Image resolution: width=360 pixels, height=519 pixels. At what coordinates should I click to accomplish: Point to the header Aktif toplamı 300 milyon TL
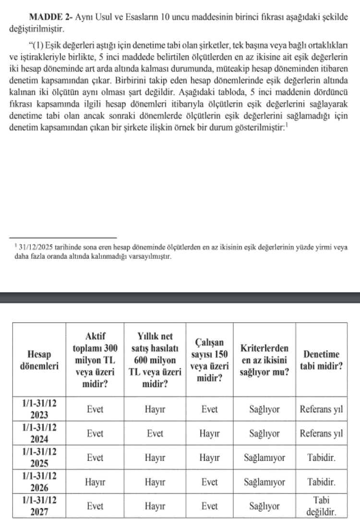click(x=95, y=360)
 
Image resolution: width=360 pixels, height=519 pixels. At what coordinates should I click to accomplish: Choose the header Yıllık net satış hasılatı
click(x=155, y=360)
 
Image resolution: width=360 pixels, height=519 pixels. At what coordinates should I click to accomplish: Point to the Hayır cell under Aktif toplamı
click(x=95, y=482)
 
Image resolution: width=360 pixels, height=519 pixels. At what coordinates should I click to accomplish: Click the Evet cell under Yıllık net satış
click(x=155, y=434)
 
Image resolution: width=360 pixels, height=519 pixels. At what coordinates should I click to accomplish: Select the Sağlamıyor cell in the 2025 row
click(x=264, y=458)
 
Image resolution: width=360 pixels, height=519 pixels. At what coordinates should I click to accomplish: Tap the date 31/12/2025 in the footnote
click(x=36, y=247)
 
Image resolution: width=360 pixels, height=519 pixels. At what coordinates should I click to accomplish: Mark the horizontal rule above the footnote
click(x=63, y=238)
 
